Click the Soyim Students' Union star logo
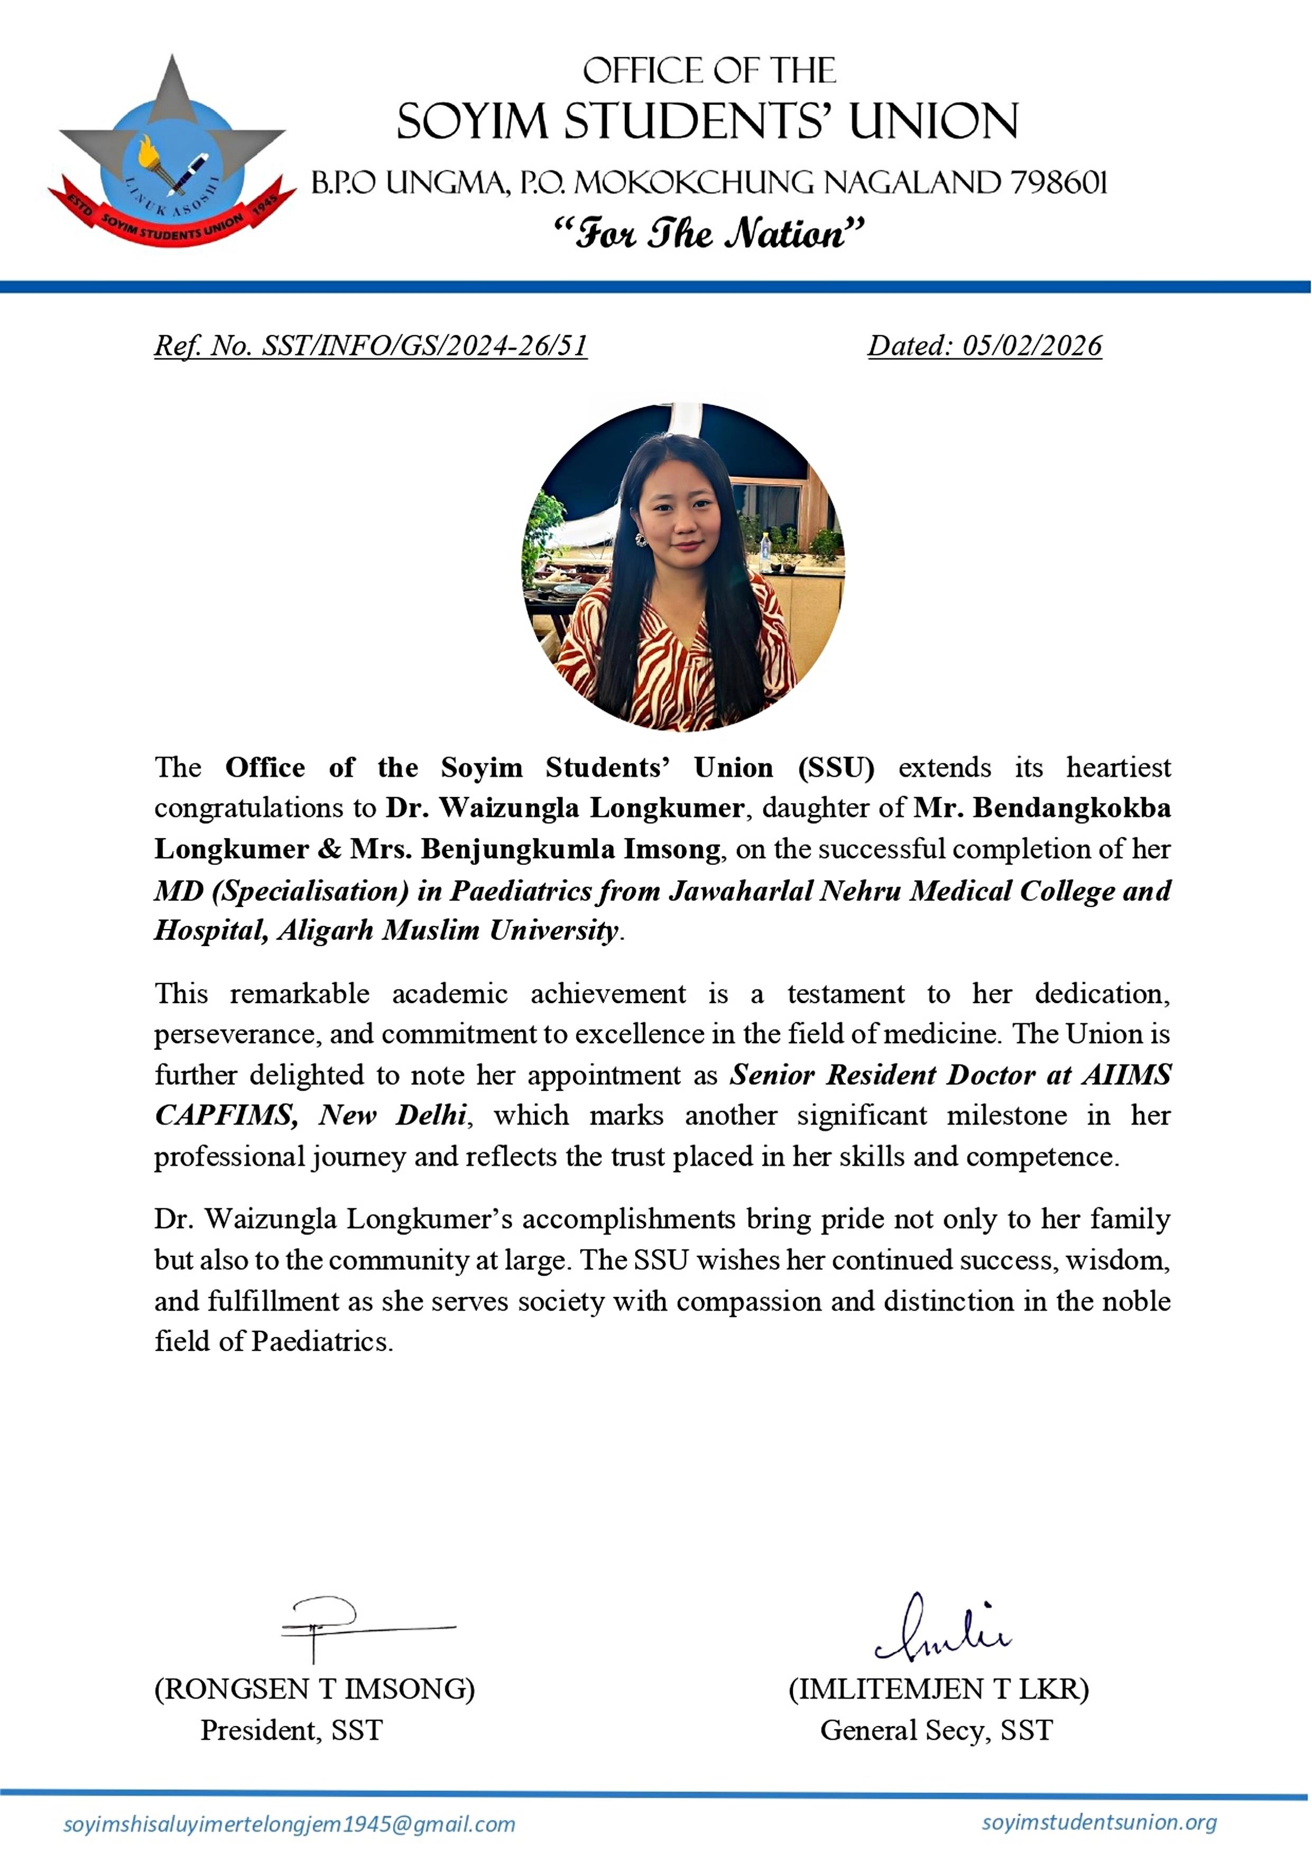(x=171, y=153)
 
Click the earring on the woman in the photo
(x=641, y=539)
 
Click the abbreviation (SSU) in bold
(x=835, y=767)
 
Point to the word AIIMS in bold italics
(x=1127, y=1076)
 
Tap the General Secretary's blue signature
(x=941, y=1627)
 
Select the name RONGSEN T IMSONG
(x=315, y=1689)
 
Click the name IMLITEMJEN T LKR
(x=939, y=1689)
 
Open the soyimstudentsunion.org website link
(x=1099, y=1822)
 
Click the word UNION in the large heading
(x=933, y=122)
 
